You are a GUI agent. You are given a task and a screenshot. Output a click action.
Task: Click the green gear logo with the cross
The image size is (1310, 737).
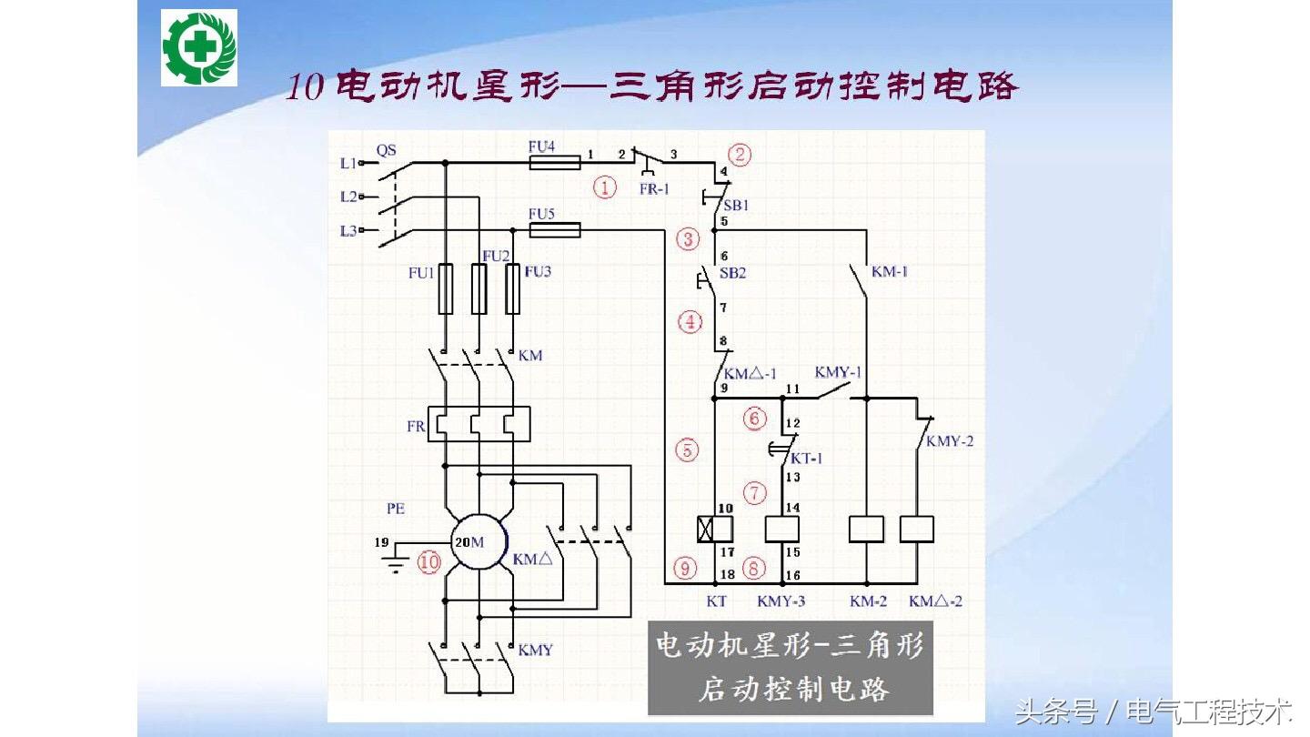pyautogui.click(x=199, y=48)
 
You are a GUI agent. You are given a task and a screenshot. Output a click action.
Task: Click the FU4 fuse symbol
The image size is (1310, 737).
pyautogui.click(x=554, y=163)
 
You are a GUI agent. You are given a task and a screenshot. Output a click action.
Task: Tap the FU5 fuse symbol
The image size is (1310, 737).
pyautogui.click(x=554, y=230)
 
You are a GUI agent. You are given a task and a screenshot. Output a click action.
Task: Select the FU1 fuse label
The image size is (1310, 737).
pyautogui.click(x=421, y=273)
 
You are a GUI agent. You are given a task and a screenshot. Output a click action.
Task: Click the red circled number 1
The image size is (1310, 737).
pyautogui.click(x=605, y=187)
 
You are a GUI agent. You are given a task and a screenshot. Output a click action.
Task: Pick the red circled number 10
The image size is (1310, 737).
pyautogui.click(x=428, y=562)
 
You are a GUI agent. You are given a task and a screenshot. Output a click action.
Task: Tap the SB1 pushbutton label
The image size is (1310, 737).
pyautogui.click(x=736, y=206)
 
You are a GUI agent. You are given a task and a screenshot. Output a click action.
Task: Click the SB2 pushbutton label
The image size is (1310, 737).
pyautogui.click(x=733, y=273)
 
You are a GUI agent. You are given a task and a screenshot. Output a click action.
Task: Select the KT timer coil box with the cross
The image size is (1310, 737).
pyautogui.click(x=715, y=530)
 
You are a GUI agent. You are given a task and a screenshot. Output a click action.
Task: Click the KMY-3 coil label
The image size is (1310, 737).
pyautogui.click(x=781, y=601)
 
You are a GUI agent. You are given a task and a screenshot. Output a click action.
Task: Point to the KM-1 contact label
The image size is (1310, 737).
pyautogui.click(x=889, y=271)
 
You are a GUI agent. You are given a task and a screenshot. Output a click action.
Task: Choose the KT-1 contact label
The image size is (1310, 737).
pyautogui.click(x=806, y=459)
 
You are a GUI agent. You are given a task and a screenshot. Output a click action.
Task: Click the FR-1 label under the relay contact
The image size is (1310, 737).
pyautogui.click(x=654, y=189)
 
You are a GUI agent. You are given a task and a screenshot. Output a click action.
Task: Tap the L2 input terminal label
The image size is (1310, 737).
pyautogui.click(x=348, y=197)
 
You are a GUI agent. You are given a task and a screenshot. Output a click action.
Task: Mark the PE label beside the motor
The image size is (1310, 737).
pyautogui.click(x=396, y=509)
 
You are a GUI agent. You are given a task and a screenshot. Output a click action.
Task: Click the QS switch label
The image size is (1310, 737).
pyautogui.click(x=386, y=150)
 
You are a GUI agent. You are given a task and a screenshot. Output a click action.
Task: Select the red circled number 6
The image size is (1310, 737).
pyautogui.click(x=754, y=419)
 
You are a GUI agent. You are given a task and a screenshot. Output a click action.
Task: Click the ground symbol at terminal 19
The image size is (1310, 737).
pyautogui.click(x=396, y=560)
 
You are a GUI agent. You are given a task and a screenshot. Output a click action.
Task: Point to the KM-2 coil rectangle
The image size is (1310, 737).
pyautogui.click(x=866, y=530)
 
